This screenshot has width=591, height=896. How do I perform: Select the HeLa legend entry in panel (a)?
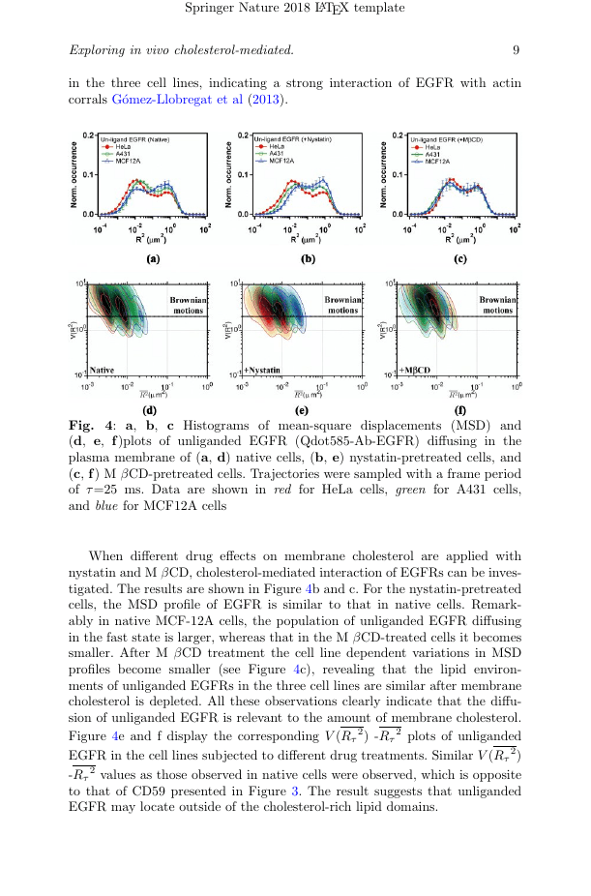coord(125,148)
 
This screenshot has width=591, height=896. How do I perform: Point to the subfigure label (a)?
coord(152,259)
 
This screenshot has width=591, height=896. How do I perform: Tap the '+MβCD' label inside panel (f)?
coord(414,370)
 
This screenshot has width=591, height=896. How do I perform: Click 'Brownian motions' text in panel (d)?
coord(189,305)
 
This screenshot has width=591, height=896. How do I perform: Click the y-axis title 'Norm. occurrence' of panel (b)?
coord(228,175)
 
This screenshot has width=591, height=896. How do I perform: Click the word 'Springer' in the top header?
coord(210,9)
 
